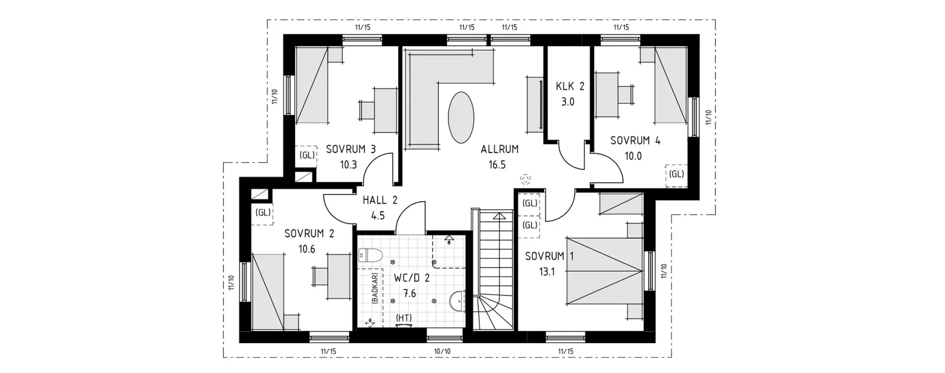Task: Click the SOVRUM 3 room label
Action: [x=351, y=149]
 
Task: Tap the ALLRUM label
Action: [x=500, y=149]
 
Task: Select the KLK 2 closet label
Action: [x=570, y=87]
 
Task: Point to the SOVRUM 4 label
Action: [x=635, y=141]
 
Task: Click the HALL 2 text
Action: [x=380, y=200]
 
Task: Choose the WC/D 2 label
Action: [x=412, y=278]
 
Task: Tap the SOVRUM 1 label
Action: [x=549, y=256]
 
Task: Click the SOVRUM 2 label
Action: [x=309, y=234]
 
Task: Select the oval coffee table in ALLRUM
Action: [x=461, y=118]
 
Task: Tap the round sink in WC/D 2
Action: [x=457, y=301]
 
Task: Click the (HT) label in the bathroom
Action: [x=404, y=318]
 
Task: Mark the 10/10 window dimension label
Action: [x=442, y=351]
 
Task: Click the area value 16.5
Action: [x=497, y=165]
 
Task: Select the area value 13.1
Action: [x=547, y=272]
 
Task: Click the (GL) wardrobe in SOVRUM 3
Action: [x=307, y=155]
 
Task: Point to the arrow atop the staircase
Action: [x=499, y=215]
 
